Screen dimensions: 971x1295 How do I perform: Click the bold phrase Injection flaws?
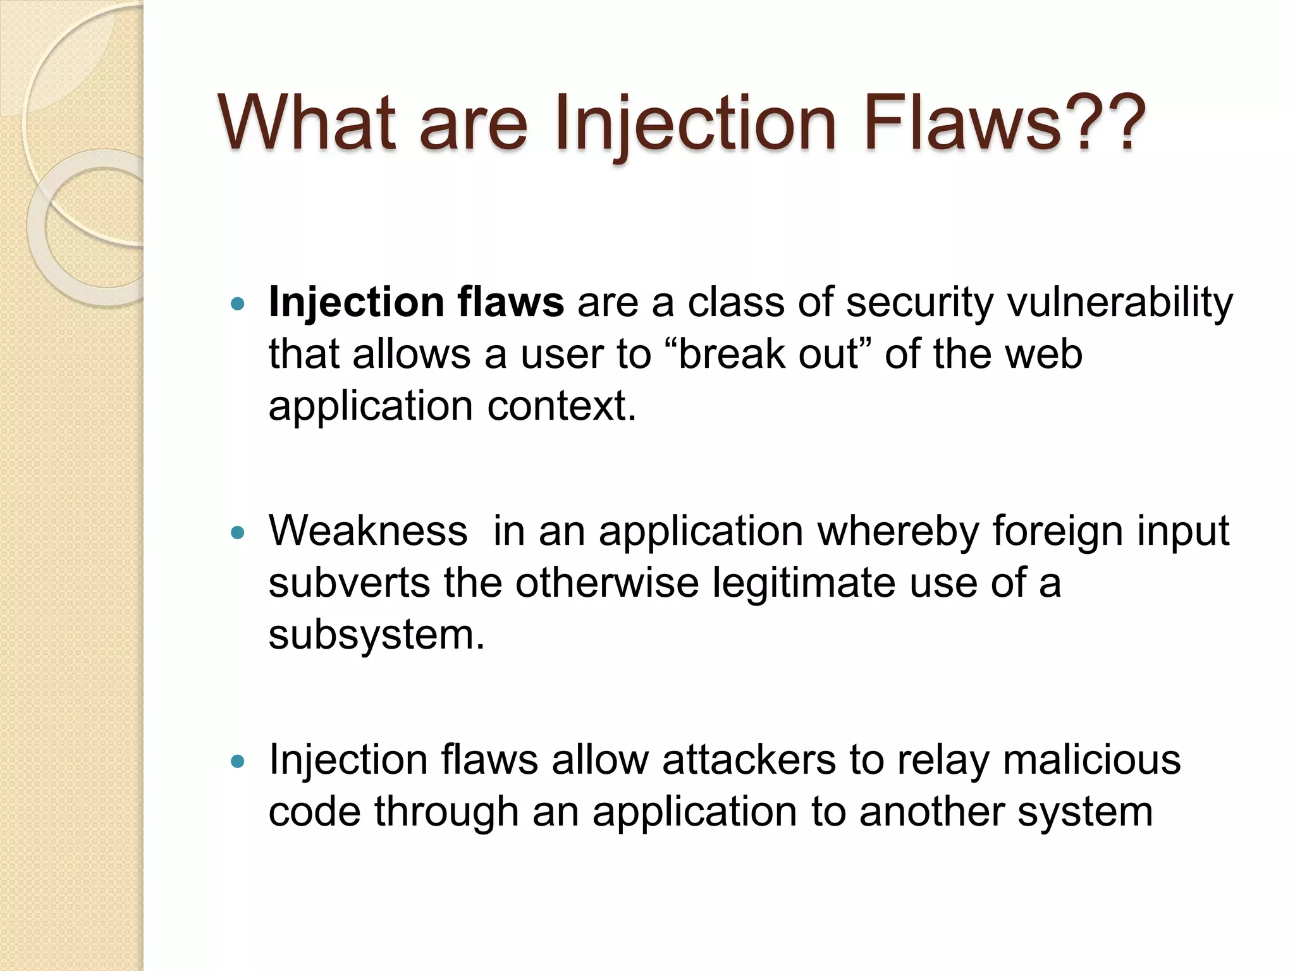(x=416, y=302)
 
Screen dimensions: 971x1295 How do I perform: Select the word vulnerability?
(x=1120, y=303)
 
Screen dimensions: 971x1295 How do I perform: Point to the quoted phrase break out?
(x=769, y=354)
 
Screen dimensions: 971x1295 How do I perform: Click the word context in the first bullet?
(x=559, y=406)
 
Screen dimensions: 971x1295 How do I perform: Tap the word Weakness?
(x=368, y=531)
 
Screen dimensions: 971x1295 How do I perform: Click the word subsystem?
(x=372, y=635)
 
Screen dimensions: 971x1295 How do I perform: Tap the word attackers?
(x=749, y=760)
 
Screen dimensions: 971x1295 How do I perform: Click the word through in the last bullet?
(x=446, y=812)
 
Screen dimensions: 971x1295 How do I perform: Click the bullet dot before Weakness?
(x=238, y=533)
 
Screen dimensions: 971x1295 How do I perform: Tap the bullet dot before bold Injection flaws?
(x=238, y=305)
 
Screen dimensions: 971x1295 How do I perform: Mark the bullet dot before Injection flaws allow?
(x=238, y=762)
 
